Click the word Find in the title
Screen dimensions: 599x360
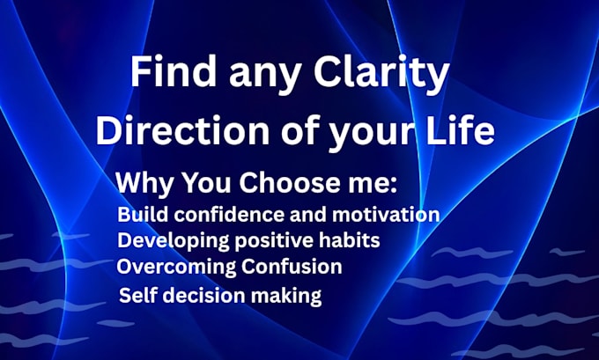click(x=173, y=71)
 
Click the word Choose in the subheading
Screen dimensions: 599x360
click(x=289, y=182)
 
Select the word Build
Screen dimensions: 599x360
click(x=143, y=215)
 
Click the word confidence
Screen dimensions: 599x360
click(x=230, y=215)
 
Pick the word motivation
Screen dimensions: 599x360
click(x=386, y=215)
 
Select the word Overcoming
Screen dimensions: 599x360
click(x=176, y=268)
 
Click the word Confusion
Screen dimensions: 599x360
click(x=292, y=266)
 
